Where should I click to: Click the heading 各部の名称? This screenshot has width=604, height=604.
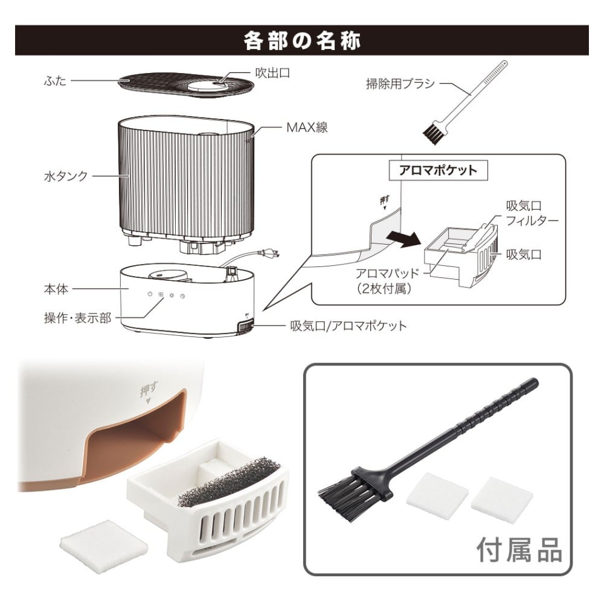302,40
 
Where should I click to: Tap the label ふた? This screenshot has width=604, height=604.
55,81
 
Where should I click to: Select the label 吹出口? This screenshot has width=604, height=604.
273,73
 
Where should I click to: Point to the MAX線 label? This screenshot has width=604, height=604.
307,127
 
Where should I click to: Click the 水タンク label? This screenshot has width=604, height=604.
66,176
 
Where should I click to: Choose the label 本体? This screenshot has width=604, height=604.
56,289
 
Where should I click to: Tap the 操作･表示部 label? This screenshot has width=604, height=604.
77,318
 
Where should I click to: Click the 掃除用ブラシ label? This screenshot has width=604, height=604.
400,83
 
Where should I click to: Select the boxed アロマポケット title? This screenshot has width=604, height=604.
439,170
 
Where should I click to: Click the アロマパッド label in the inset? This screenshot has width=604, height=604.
387,280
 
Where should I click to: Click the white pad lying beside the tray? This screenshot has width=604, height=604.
104,541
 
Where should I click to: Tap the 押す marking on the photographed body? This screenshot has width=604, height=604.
149,391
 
